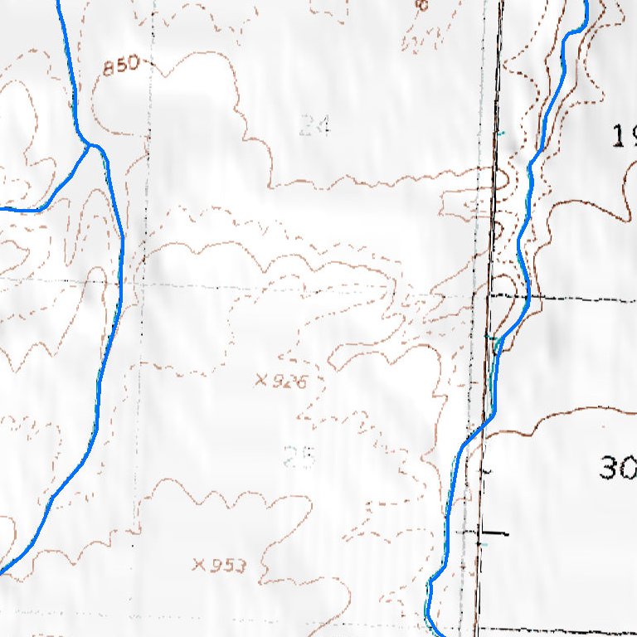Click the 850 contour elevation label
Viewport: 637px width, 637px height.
pyautogui.click(x=121, y=66)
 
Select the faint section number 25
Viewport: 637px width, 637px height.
pyautogui.click(x=299, y=456)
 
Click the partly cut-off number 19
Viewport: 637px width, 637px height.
pyautogui.click(x=624, y=135)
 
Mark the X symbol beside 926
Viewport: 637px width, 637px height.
pyautogui.click(x=262, y=381)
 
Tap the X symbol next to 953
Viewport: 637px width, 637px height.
pyautogui.click(x=198, y=566)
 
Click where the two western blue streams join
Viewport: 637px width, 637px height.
pyautogui.click(x=91, y=147)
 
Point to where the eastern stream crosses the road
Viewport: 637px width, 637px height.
pyautogui.click(x=479, y=430)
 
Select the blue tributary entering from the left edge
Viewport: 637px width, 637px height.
pyautogui.click(x=25, y=210)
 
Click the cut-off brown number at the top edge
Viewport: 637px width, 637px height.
pyautogui.click(x=421, y=5)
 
